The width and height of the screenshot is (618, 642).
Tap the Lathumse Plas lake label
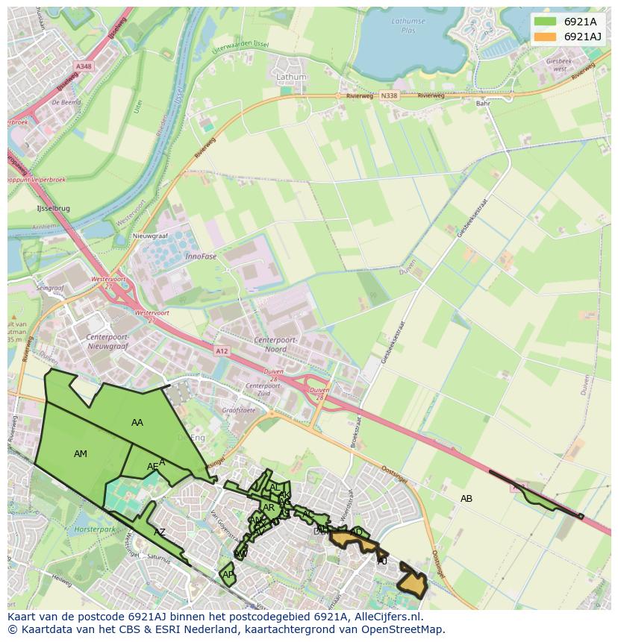point(408,25)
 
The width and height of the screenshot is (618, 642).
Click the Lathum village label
point(291,77)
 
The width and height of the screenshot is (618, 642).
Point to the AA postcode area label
point(137,423)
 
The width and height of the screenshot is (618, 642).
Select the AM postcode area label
point(81,454)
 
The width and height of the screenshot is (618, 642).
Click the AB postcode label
point(466,499)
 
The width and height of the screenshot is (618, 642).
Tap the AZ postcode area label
point(160,532)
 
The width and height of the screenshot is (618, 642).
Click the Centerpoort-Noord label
point(275,344)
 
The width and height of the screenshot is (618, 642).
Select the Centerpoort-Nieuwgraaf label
point(104,342)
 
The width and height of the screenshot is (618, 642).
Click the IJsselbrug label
point(53,209)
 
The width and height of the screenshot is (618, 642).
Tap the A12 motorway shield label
point(222,351)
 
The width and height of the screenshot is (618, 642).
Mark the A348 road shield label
point(84,66)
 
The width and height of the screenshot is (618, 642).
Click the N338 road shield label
point(388,96)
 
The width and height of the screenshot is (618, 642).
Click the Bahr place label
point(483,104)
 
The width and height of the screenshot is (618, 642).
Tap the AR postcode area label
point(269,508)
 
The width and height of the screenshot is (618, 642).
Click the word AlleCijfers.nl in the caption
point(387,617)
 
